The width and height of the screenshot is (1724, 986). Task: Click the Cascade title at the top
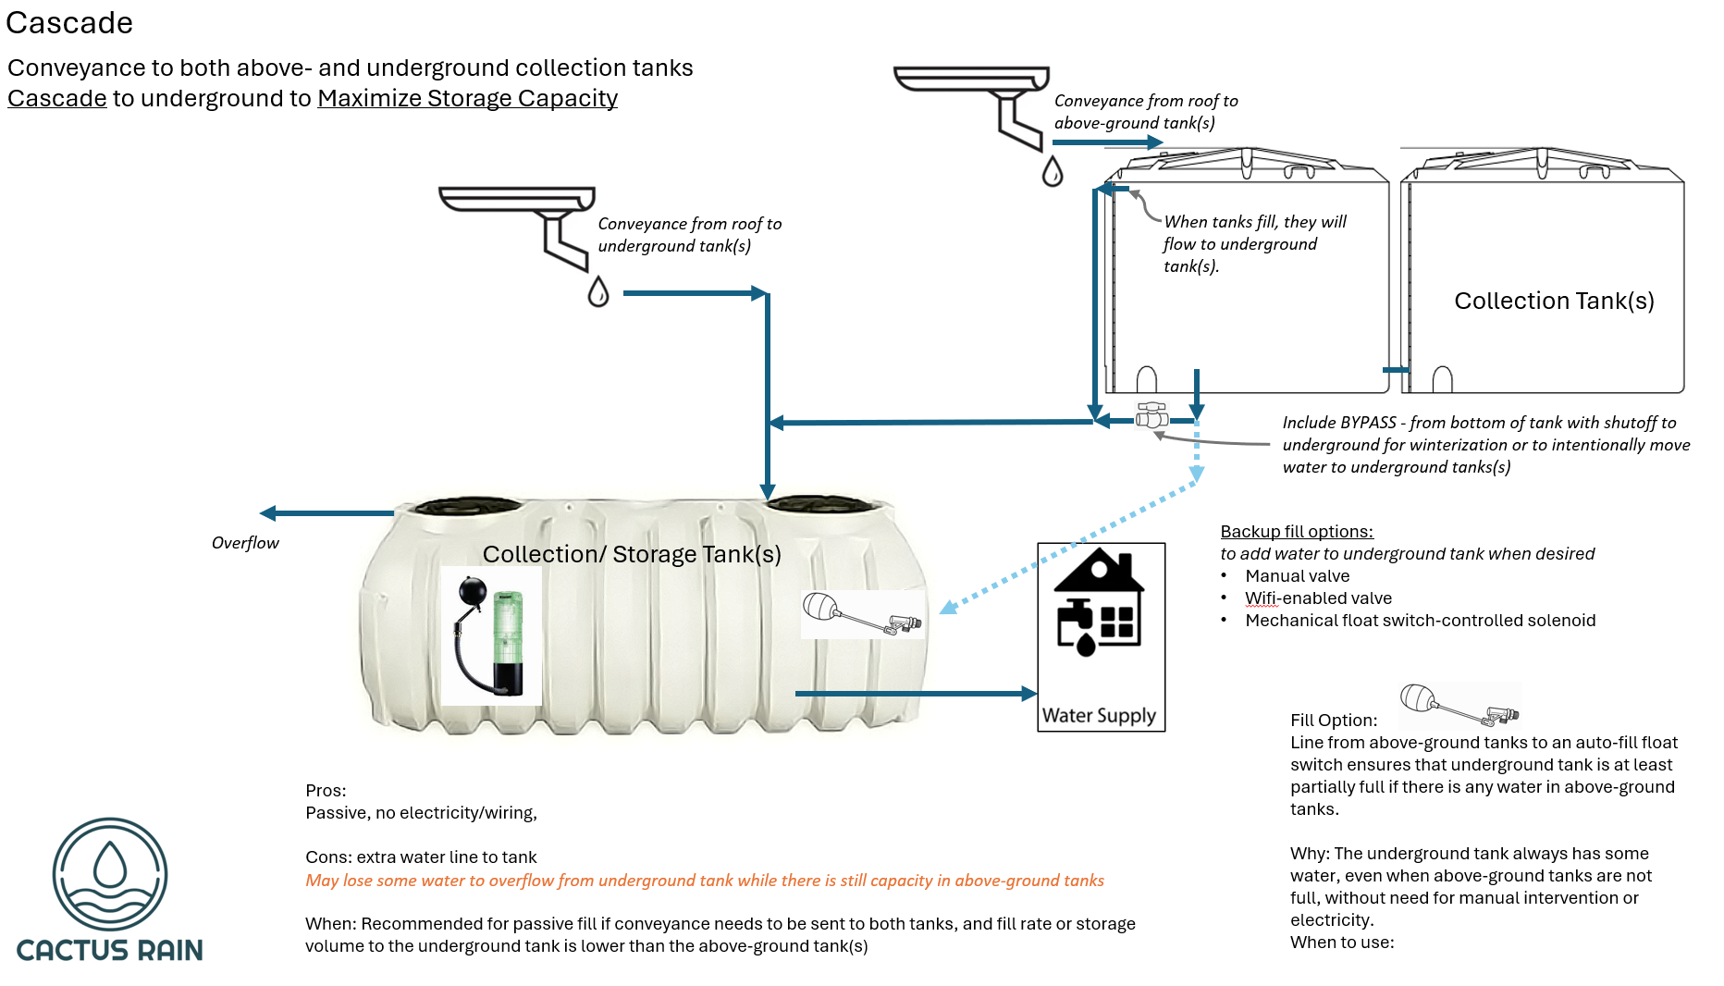pyautogui.click(x=69, y=22)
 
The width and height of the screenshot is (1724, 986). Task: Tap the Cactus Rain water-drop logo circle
pyautogui.click(x=110, y=874)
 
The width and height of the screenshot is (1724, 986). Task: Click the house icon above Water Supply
pyautogui.click(x=1100, y=602)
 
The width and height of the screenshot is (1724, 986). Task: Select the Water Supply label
pyautogui.click(x=1099, y=715)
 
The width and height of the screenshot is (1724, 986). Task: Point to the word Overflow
pyautogui.click(x=245, y=543)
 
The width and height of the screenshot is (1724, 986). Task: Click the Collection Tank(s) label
pyautogui.click(x=1554, y=301)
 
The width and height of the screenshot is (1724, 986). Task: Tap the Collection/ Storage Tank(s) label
pyautogui.click(x=632, y=554)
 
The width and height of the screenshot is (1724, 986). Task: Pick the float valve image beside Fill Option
pyautogui.click(x=1459, y=706)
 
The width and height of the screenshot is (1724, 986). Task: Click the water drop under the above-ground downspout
pyautogui.click(x=1053, y=171)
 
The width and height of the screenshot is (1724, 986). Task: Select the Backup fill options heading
pyautogui.click(x=1297, y=531)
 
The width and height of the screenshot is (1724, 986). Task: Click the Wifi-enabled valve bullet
pyautogui.click(x=1318, y=598)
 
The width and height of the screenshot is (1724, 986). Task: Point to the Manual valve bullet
pyautogui.click(x=1297, y=576)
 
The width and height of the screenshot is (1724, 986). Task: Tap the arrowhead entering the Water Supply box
pyautogui.click(x=1028, y=693)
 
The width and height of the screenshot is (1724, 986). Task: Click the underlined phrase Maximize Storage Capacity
pyautogui.click(x=467, y=98)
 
